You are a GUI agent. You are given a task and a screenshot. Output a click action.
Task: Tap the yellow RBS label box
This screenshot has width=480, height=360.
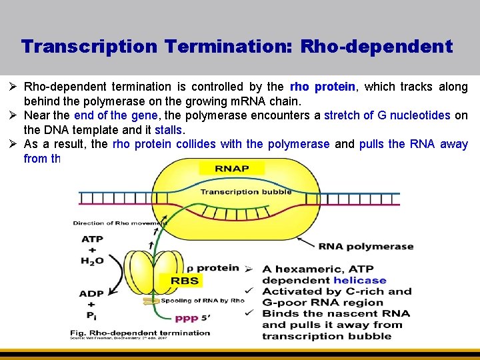coord(185,281)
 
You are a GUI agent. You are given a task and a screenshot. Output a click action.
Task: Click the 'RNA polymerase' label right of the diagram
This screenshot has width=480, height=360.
coord(366,246)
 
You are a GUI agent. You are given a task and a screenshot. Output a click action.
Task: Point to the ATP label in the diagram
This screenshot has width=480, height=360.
coord(92,239)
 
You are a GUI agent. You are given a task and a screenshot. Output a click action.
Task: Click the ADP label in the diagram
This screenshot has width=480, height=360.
coord(91,293)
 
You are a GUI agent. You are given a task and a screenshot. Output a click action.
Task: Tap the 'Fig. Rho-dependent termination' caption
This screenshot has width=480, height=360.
coord(141,333)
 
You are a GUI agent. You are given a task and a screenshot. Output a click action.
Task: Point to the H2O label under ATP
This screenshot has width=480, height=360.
coord(92,261)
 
